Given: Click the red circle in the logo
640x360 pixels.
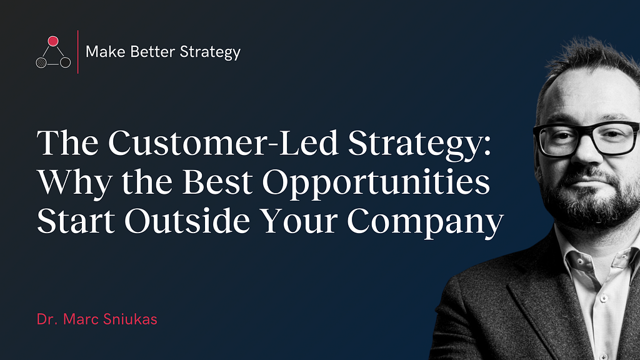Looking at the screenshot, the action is click(53, 41).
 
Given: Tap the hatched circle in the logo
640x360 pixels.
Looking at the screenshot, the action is click(41, 63).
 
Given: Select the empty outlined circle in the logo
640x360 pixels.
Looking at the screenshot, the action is click(65, 62).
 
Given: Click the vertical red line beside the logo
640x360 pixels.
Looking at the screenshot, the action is click(78, 52).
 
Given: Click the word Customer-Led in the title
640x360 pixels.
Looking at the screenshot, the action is click(223, 143).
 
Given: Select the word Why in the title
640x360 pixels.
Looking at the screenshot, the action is click(75, 183).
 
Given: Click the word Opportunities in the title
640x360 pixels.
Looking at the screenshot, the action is click(376, 183).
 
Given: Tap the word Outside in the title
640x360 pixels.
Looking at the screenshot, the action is click(187, 221).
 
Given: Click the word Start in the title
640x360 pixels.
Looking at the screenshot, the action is click(76, 221).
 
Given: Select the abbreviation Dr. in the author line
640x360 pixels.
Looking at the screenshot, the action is click(47, 319).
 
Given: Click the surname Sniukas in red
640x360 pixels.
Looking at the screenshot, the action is click(130, 319).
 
